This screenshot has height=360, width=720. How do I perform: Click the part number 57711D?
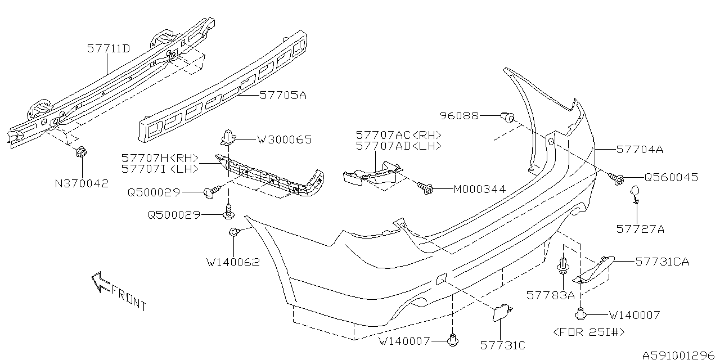tap(109, 49)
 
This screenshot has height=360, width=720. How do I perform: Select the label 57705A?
tap(283, 96)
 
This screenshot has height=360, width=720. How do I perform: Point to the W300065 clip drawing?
tap(228, 137)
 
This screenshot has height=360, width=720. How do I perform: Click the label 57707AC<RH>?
tap(398, 136)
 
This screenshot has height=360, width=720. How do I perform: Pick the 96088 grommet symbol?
tap(508, 117)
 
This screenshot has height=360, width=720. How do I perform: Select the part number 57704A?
tap(640, 150)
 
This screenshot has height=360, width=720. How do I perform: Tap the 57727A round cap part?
tap(634, 192)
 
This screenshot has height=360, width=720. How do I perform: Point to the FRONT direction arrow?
tap(101, 281)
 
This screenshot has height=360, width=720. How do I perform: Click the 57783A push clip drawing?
tap(562, 267)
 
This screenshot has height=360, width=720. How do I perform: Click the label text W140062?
tap(233, 262)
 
